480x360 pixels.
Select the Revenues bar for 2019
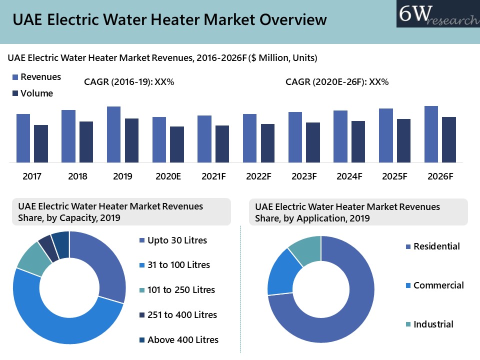click(113, 134)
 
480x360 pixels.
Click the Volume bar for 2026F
click(448, 139)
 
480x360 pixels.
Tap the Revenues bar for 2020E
click(159, 139)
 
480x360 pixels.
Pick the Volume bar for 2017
click(41, 143)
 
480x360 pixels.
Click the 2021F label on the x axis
click(213, 176)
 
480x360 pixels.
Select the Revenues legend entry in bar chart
click(36, 77)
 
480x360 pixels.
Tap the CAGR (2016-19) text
click(129, 82)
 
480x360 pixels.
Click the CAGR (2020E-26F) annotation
click(336, 82)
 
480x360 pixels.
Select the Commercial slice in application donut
click(282, 272)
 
